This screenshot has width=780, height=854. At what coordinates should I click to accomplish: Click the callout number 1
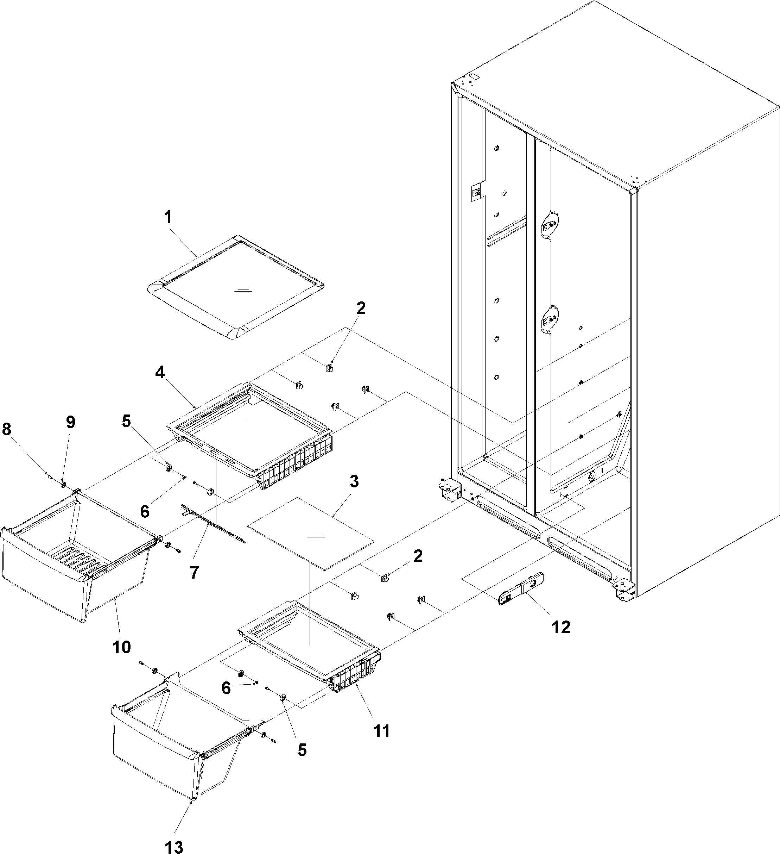pyautogui.click(x=168, y=217)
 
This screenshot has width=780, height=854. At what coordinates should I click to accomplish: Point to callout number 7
pyautogui.click(x=194, y=573)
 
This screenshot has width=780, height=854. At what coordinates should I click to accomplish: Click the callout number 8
pyautogui.click(x=7, y=430)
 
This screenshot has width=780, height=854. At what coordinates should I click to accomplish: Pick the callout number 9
pyautogui.click(x=70, y=422)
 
